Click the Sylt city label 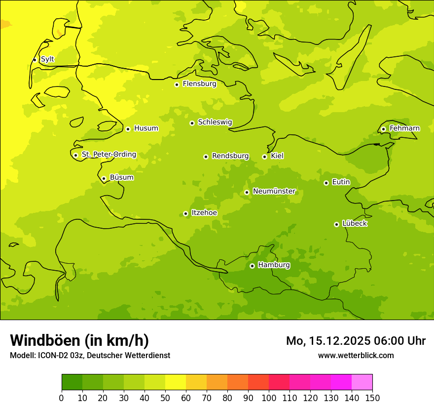pyautogui.click(x=47, y=59)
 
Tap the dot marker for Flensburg pyautogui.click(x=177, y=84)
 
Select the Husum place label pyautogui.click(x=146, y=128)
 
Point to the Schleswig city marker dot pyautogui.click(x=192, y=123)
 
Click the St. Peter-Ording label pyautogui.click(x=108, y=155)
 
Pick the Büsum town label pyautogui.click(x=121, y=178)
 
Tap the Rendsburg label pyautogui.click(x=230, y=156)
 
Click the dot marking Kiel pyautogui.click(x=264, y=157)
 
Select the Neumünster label pyautogui.click(x=274, y=191)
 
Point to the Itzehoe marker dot pyautogui.click(x=185, y=214)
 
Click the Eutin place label pyautogui.click(x=341, y=182)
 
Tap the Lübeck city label pyautogui.click(x=354, y=224)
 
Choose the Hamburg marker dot pyautogui.click(x=252, y=266)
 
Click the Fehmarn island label pyautogui.click(x=404, y=128)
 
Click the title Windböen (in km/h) pyautogui.click(x=79, y=340)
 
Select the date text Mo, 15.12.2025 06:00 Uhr pyautogui.click(x=356, y=341)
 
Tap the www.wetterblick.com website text pyautogui.click(x=356, y=355)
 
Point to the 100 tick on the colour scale pyautogui.click(x=269, y=398)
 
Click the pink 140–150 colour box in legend pyautogui.click(x=362, y=382)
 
